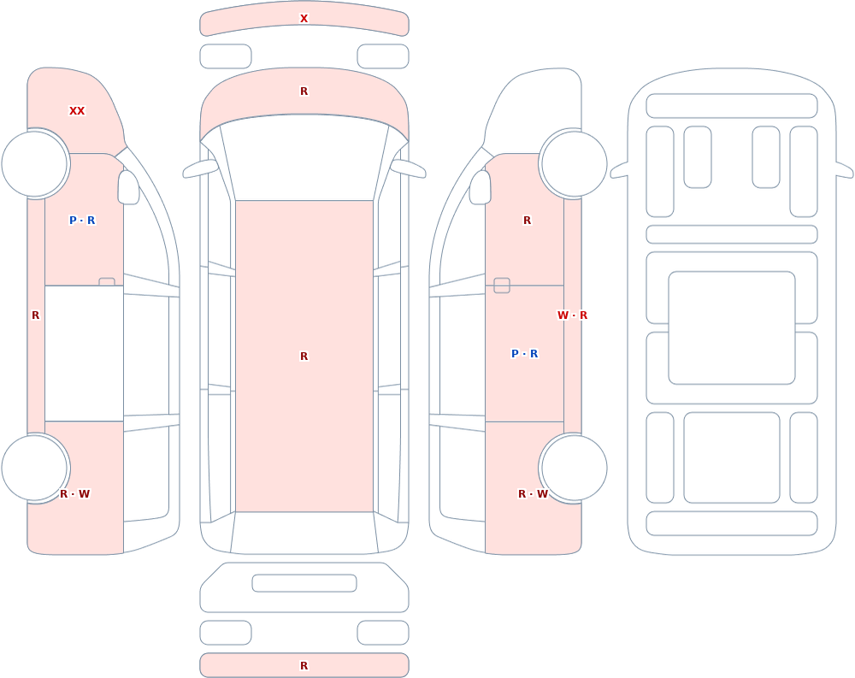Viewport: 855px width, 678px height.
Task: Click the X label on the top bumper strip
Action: click(304, 19)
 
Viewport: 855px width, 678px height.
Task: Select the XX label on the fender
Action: click(77, 111)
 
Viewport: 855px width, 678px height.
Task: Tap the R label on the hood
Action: click(304, 91)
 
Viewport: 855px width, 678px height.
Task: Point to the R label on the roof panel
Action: click(304, 357)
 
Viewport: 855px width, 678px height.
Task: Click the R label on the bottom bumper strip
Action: click(304, 665)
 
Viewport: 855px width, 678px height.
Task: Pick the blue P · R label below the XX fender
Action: click(82, 221)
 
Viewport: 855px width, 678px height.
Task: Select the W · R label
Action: click(572, 315)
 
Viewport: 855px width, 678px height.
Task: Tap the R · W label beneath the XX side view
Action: click(74, 494)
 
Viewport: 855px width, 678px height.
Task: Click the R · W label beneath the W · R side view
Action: click(533, 494)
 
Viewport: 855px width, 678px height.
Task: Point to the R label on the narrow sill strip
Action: click(35, 315)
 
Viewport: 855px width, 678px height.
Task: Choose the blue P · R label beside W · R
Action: click(525, 353)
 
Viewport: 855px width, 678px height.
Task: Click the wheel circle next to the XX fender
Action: click(34, 163)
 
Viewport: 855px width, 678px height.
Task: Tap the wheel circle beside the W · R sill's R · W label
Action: click(573, 468)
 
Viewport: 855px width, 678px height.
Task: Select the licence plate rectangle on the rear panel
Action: click(304, 583)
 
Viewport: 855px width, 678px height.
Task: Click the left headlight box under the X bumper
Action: click(226, 56)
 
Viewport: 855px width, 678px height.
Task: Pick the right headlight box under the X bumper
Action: click(383, 56)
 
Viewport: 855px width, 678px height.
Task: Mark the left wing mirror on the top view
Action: click(199, 168)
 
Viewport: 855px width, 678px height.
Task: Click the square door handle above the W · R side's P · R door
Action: click(502, 286)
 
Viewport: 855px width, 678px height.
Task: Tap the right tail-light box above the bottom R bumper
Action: click(383, 633)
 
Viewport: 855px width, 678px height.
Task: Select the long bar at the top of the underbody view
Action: click(732, 106)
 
